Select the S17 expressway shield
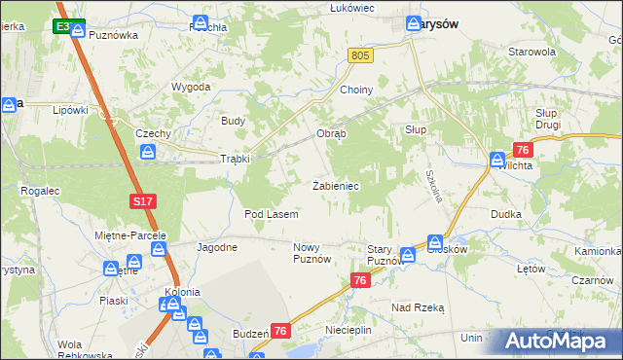[x=142, y=201]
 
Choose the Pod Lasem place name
[x=271, y=213]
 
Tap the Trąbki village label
[x=236, y=159]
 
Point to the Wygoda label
[x=192, y=87]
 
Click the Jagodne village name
[x=217, y=247]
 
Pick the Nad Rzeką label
[x=418, y=307]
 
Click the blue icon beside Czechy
[x=147, y=152]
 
